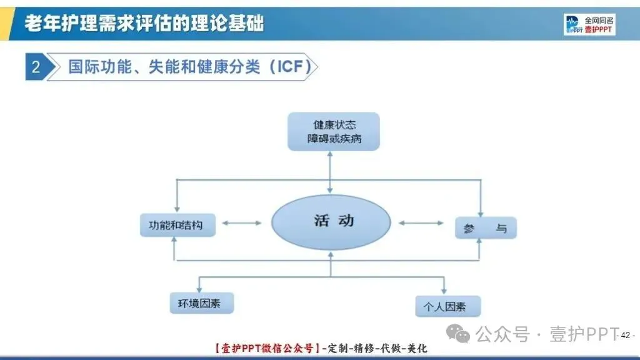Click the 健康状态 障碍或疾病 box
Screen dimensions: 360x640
click(x=333, y=132)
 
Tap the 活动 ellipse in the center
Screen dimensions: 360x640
click(x=331, y=222)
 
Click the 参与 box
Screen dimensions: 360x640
click(x=486, y=228)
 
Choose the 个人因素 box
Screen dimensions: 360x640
click(x=447, y=306)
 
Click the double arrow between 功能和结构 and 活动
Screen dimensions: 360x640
click(x=242, y=222)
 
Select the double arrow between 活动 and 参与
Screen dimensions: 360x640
click(x=422, y=222)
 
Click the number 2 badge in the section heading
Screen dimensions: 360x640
click(x=36, y=67)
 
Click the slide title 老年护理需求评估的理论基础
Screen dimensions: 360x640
click(x=144, y=24)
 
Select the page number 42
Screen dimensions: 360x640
click(x=626, y=335)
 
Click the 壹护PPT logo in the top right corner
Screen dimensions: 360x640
click(x=589, y=24)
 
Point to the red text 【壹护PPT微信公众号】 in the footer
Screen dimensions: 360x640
click(x=266, y=349)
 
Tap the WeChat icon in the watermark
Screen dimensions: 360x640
click(x=462, y=335)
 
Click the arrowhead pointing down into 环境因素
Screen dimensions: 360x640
click(x=199, y=289)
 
